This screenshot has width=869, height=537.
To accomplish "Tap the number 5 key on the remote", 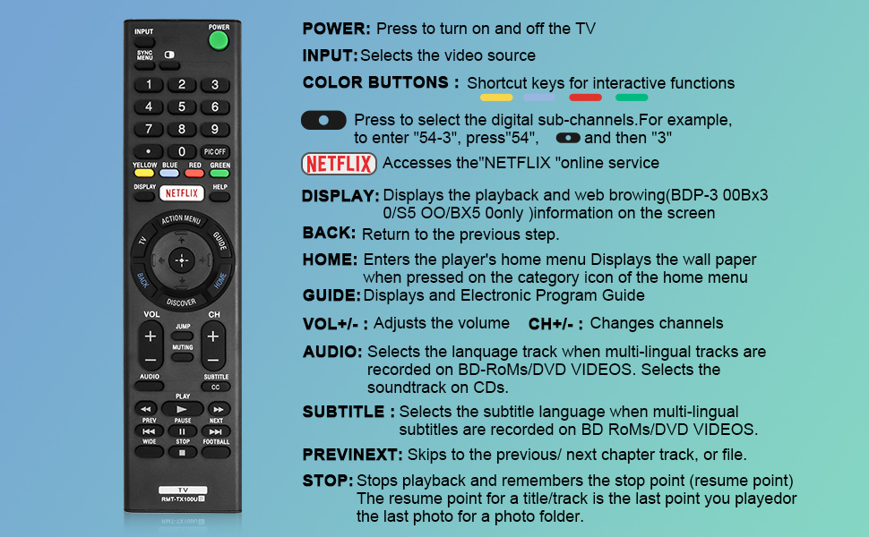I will pyautogui.click(x=182, y=107).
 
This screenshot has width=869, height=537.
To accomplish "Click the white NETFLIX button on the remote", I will pyautogui.click(x=182, y=192).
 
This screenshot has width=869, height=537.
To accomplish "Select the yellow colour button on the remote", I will pyautogui.click(x=144, y=173).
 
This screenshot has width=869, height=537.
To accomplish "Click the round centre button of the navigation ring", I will pyautogui.click(x=182, y=260).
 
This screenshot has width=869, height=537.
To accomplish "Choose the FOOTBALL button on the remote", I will pyautogui.click(x=216, y=452).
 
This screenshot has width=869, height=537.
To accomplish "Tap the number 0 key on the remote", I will pyautogui.click(x=182, y=152).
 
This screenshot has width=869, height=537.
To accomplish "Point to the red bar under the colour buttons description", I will pyautogui.click(x=585, y=97).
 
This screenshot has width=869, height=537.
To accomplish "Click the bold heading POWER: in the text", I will pyautogui.click(x=336, y=29).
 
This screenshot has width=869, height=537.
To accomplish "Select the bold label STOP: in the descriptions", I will pyautogui.click(x=327, y=481).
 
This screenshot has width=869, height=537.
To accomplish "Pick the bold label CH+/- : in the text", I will pyautogui.click(x=555, y=323).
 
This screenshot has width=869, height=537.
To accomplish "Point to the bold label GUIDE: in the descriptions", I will pyautogui.click(x=331, y=295).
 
